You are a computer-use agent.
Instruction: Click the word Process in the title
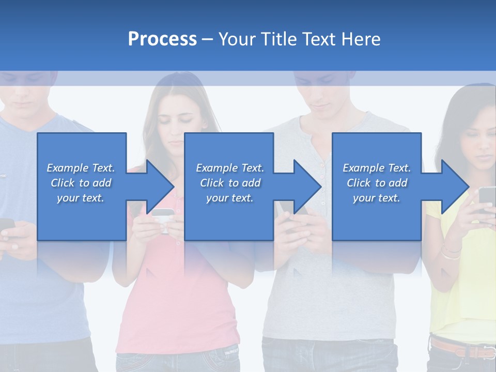(162, 39)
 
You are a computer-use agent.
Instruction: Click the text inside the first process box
(81, 183)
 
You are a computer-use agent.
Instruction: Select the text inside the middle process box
(229, 183)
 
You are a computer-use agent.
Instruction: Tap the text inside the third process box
(377, 183)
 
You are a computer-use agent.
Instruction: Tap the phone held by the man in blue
(6, 224)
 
